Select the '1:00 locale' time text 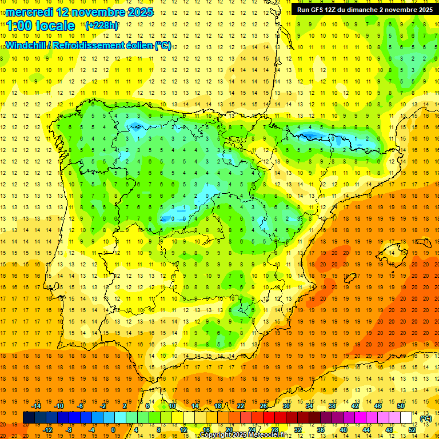tap(41, 26)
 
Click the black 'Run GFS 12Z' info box tap(364, 9)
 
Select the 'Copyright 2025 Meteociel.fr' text tap(243, 435)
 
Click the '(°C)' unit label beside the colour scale tap(425, 418)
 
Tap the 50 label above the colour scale tap(401, 406)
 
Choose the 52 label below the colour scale tap(412, 429)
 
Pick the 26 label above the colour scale tap(264, 406)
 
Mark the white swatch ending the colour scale tap(406, 418)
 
